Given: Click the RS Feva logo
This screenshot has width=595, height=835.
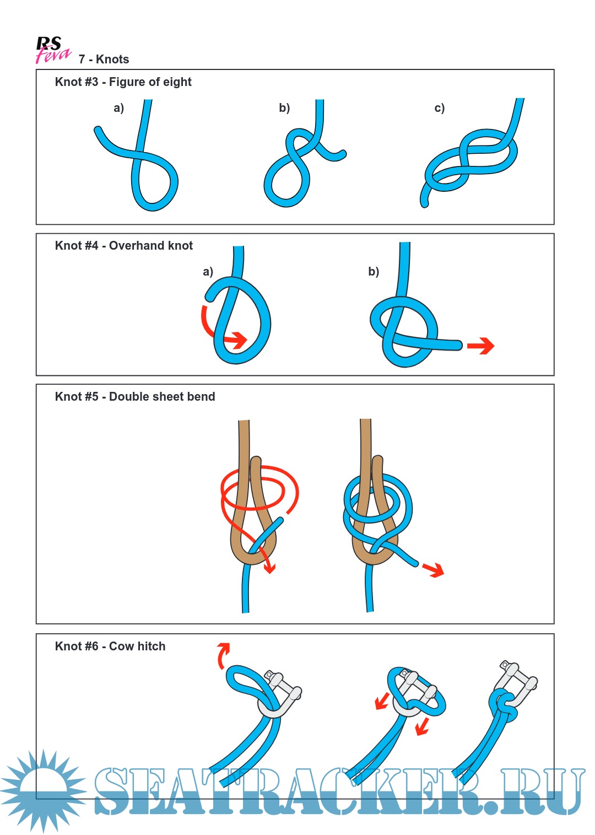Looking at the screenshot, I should (x=52, y=50).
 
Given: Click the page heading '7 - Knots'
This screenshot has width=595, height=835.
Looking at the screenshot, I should (x=104, y=60).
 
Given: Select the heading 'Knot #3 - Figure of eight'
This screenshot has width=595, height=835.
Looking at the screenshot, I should (x=123, y=82).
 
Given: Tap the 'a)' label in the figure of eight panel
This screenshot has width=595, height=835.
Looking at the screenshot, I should (x=119, y=108).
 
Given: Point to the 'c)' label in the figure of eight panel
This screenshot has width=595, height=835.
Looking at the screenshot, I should (x=439, y=108).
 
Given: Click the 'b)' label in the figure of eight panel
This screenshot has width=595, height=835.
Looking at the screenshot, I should (x=284, y=108).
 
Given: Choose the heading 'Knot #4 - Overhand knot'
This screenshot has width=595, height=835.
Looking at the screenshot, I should (x=124, y=246).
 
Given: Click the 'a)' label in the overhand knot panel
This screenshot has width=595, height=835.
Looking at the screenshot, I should (x=208, y=272).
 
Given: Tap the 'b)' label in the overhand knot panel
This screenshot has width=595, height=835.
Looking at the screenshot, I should (x=374, y=272).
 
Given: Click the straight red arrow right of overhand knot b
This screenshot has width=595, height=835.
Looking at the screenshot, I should (x=481, y=346).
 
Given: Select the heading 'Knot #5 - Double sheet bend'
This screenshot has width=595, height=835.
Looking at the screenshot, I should (x=135, y=397).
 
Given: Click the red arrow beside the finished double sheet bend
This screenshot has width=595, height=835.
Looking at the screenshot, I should (x=434, y=569).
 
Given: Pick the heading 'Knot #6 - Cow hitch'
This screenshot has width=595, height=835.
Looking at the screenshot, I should (x=110, y=647).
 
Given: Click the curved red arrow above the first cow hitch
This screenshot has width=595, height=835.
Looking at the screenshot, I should (x=223, y=654).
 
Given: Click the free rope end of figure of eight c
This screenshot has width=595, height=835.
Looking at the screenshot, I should (x=424, y=201).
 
